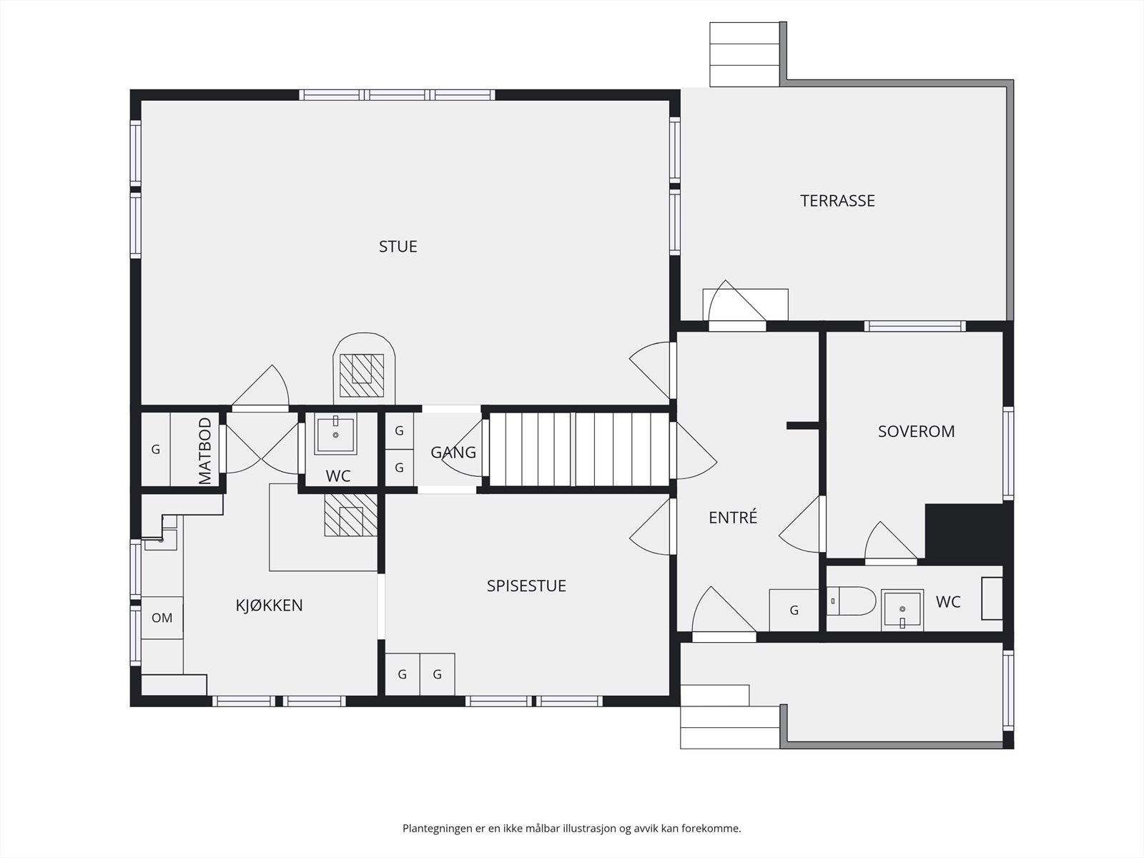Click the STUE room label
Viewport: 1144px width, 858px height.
click(398, 247)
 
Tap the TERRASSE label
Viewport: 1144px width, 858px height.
click(837, 201)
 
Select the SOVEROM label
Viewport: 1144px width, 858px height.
click(916, 431)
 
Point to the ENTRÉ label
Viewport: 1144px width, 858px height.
click(733, 517)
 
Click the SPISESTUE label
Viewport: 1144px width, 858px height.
click(526, 586)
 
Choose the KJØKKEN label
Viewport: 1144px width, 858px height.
click(269, 605)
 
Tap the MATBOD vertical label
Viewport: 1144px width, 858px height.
click(205, 450)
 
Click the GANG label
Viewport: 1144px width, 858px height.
click(453, 452)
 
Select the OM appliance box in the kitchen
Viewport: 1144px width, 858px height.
click(162, 618)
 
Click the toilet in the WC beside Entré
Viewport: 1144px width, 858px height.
click(851, 601)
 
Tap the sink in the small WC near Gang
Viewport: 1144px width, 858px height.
click(335, 433)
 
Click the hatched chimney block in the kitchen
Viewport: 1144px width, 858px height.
click(351, 516)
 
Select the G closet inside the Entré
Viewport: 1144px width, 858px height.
click(794, 610)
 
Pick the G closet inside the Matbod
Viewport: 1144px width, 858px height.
click(156, 449)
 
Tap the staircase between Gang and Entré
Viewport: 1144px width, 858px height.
click(579, 449)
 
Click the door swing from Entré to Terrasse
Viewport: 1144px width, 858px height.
click(737, 301)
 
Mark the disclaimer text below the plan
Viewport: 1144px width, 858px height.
click(572, 828)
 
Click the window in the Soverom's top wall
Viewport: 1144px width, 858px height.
click(915, 326)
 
